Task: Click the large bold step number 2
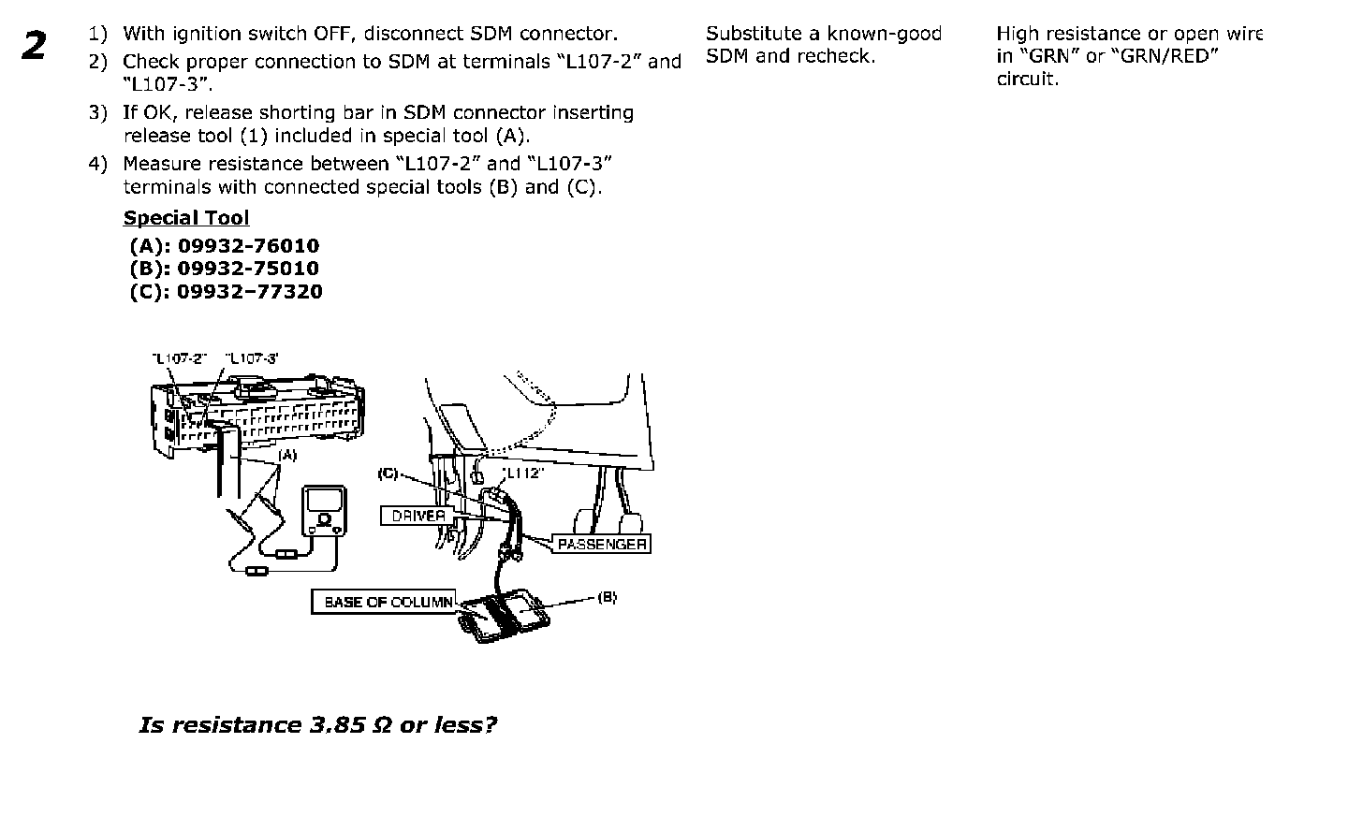(x=35, y=46)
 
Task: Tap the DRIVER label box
(x=418, y=516)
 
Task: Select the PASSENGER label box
(x=602, y=544)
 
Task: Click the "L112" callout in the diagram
(x=522, y=473)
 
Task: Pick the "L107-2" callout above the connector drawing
(x=179, y=358)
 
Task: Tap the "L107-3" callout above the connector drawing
(x=252, y=358)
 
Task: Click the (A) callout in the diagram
(x=287, y=456)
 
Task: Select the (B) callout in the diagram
(x=607, y=596)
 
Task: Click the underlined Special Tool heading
(x=186, y=218)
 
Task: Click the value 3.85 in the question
(x=334, y=725)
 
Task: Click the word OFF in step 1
(x=333, y=34)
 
